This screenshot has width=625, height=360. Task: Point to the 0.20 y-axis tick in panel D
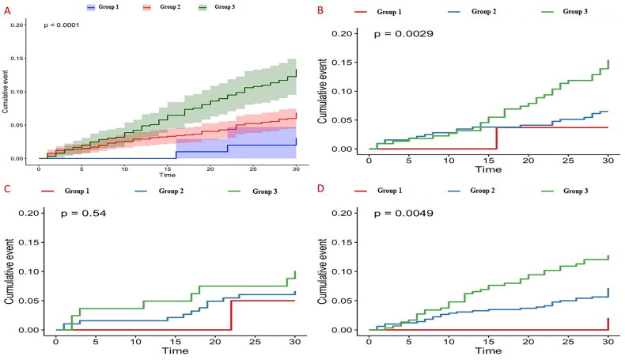(345, 214)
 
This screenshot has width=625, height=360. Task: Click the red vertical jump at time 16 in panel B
(496, 138)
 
